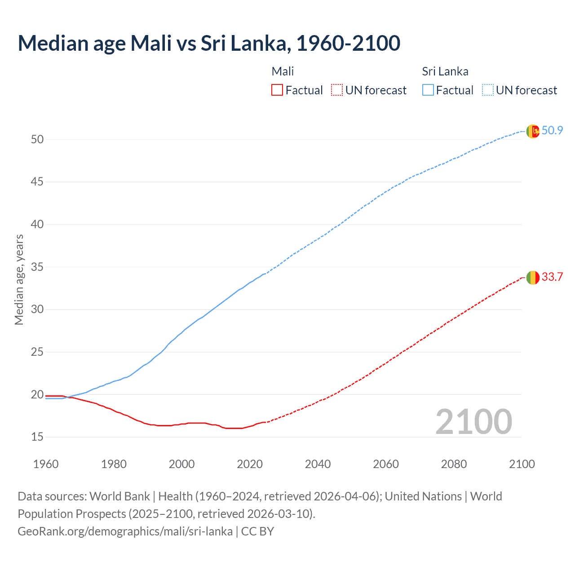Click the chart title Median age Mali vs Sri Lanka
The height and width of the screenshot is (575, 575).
tap(209, 43)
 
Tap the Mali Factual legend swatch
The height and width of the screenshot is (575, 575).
tap(277, 90)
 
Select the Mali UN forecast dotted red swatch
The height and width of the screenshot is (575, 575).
tap(337, 90)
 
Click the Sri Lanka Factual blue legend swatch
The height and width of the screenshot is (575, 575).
tap(428, 90)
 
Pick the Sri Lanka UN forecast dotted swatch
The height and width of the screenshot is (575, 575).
tap(487, 90)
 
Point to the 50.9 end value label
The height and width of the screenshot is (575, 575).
tap(552, 131)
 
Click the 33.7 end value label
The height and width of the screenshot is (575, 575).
tap(552, 277)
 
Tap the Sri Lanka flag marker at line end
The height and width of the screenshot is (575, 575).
tap(533, 131)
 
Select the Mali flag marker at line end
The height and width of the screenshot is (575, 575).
tap(533, 278)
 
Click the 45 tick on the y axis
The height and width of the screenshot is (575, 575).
tap(37, 182)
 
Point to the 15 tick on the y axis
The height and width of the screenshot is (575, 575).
tap(37, 437)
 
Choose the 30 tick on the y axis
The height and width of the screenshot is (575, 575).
tap(37, 310)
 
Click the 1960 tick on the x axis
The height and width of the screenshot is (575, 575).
tap(46, 464)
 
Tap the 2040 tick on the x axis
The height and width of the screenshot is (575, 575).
tap(318, 464)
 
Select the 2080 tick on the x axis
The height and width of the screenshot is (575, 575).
tap(454, 464)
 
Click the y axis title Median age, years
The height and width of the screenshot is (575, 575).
tap(19, 279)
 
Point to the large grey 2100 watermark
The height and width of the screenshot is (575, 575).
tap(473, 422)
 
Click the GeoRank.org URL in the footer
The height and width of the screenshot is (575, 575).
tap(125, 531)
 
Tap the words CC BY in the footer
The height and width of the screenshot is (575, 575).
tap(257, 531)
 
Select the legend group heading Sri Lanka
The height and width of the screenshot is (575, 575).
tap(445, 71)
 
